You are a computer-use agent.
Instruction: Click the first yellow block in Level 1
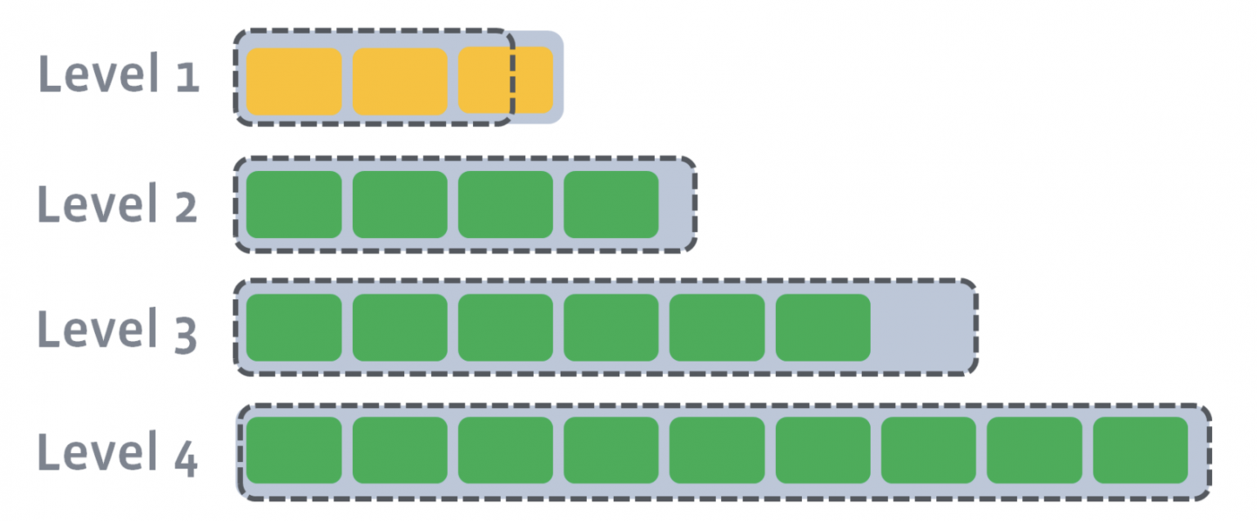coord(294,80)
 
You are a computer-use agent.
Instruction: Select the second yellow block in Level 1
coord(399,80)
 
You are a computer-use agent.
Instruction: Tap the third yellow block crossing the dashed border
coord(505,80)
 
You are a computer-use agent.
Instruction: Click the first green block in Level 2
coord(294,204)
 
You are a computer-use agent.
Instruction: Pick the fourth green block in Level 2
coord(610,204)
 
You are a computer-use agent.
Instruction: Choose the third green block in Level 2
coord(505,204)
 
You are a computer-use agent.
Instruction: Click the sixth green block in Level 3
coord(822,328)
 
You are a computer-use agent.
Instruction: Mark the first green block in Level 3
coord(294,328)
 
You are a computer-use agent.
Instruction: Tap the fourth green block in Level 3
coord(610,328)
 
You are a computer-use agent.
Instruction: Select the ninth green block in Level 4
coord(1140,451)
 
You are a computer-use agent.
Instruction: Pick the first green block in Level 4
coord(294,451)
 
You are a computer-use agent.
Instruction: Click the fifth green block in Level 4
coord(717,451)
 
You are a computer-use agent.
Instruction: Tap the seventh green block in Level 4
coord(928,451)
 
